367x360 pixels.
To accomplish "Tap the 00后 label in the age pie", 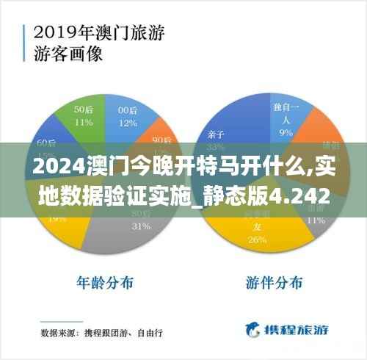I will [x=128, y=110].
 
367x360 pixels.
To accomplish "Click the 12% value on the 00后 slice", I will [x=128, y=123].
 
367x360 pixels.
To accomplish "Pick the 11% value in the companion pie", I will [x=316, y=219].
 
